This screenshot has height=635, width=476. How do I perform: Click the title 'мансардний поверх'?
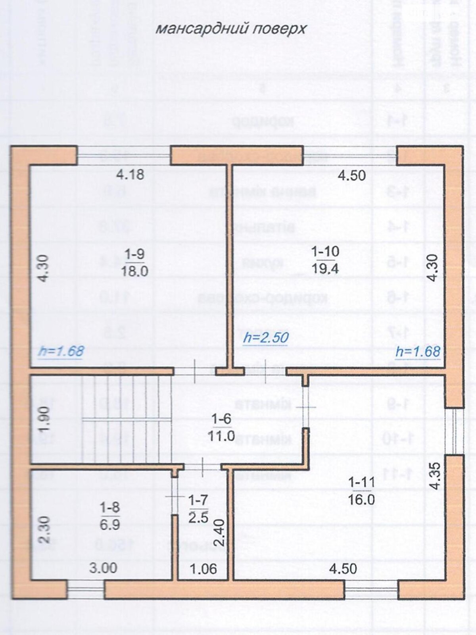click(230, 29)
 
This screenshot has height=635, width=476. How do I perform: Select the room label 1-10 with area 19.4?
click(325, 260)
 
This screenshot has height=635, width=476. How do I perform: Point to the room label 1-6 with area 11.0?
click(221, 427)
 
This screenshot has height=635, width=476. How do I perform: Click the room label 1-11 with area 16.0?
click(361, 491)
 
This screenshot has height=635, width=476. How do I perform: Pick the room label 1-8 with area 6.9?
click(110, 516)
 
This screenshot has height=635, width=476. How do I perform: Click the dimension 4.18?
click(130, 174)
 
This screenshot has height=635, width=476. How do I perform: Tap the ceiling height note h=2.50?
click(266, 338)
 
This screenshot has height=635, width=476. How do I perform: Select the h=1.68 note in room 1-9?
click(61, 351)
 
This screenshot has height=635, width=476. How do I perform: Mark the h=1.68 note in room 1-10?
click(418, 352)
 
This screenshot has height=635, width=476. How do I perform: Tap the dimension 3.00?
click(103, 568)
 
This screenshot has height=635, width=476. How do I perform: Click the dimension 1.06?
click(203, 569)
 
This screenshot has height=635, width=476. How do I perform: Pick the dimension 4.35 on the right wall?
click(435, 476)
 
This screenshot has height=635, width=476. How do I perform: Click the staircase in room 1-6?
click(127, 419)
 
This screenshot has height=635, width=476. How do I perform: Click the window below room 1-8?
click(85, 589)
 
